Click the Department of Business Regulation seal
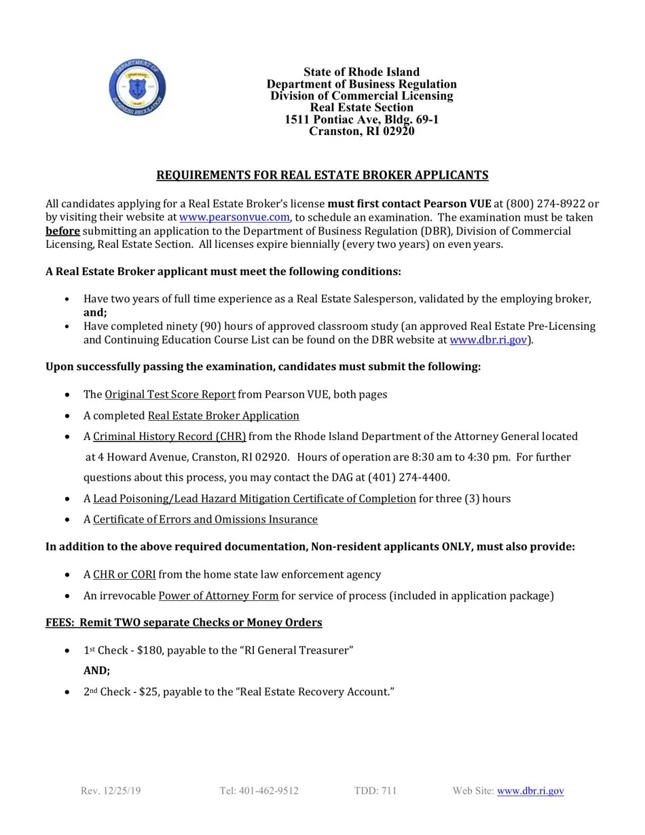137,88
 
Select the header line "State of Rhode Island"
361,72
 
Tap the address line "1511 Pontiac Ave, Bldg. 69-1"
361,119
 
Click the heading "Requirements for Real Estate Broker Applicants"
322,175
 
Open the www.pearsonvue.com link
234,217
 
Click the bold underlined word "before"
62,231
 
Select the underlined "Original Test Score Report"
170,394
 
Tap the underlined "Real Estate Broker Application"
223,415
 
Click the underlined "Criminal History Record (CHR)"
169,437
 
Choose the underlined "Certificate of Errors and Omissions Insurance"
205,519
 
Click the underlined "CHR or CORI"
124,574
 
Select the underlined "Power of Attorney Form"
218,595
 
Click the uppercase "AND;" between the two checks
96,671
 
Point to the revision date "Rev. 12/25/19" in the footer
111,790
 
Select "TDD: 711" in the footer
375,790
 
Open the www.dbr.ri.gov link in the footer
530,790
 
